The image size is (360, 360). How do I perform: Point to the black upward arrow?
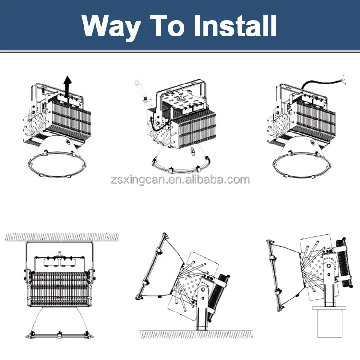pyautogui.click(x=68, y=87)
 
